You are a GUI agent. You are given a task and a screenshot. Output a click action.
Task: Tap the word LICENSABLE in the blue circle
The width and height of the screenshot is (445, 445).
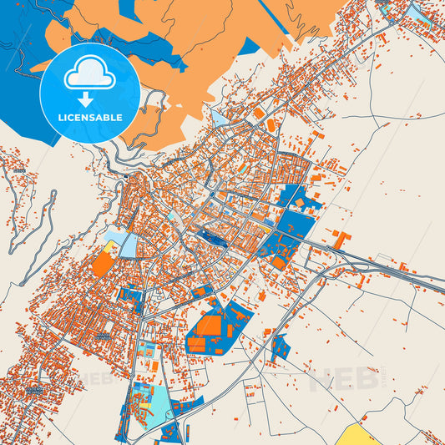[x=89, y=118]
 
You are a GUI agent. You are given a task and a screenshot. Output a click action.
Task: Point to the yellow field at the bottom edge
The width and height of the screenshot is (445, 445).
[x=360, y=434]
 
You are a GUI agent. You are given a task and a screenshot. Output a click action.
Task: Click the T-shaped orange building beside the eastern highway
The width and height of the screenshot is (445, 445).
[x=341, y=240]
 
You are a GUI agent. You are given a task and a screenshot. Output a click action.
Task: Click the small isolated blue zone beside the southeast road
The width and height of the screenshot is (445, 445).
[x=281, y=346]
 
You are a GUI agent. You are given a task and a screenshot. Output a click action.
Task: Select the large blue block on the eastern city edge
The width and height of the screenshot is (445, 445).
[x=292, y=221]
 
